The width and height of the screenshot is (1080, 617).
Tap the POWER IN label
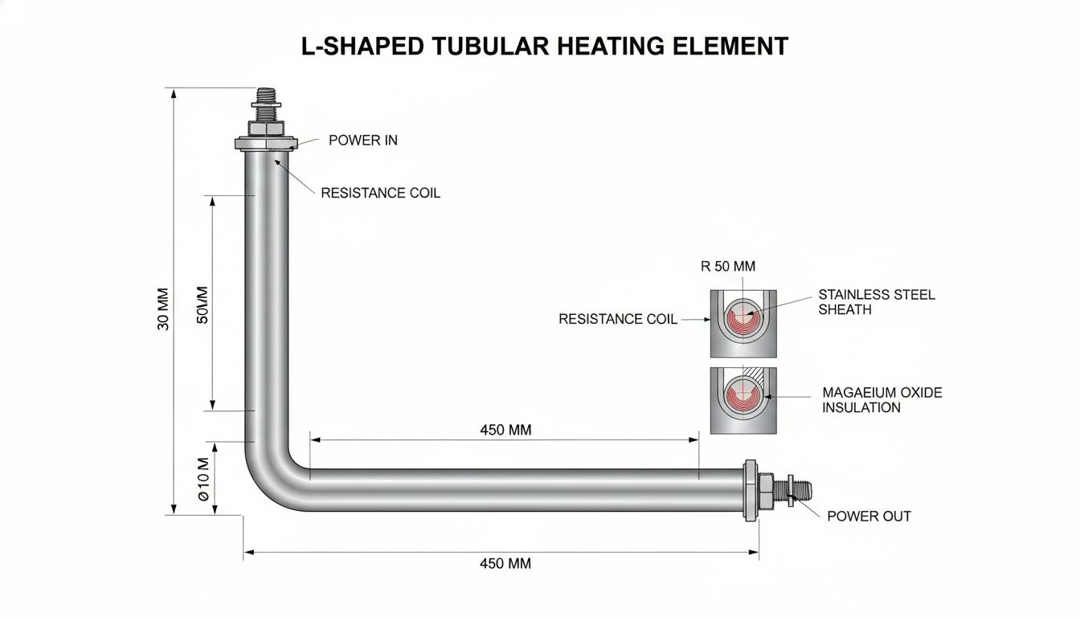pos(363,141)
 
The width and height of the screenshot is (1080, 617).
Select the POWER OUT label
pos(869,517)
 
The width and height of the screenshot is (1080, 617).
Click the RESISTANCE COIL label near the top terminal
pos(380,193)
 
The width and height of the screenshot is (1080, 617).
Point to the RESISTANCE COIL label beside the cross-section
pos(618,319)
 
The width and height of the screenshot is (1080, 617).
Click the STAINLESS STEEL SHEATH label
pos(877,302)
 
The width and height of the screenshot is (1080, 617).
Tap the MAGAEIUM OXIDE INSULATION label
pos(882,400)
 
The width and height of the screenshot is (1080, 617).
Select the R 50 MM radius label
pos(727,266)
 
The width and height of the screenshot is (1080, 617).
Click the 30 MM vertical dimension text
pos(164,309)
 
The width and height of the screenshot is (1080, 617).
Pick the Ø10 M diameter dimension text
pos(204,479)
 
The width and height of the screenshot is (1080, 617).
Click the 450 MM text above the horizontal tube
pos(505,430)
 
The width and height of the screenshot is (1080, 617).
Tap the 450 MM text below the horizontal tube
pos(505,563)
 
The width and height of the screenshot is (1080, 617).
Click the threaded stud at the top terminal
pos(266,104)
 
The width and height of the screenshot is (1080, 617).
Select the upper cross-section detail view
pos(743,324)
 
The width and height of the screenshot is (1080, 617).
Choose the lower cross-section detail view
pos(743,401)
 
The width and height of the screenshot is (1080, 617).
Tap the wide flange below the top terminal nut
pos(266,144)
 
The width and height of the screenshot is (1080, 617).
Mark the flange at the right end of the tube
pos(750,490)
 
